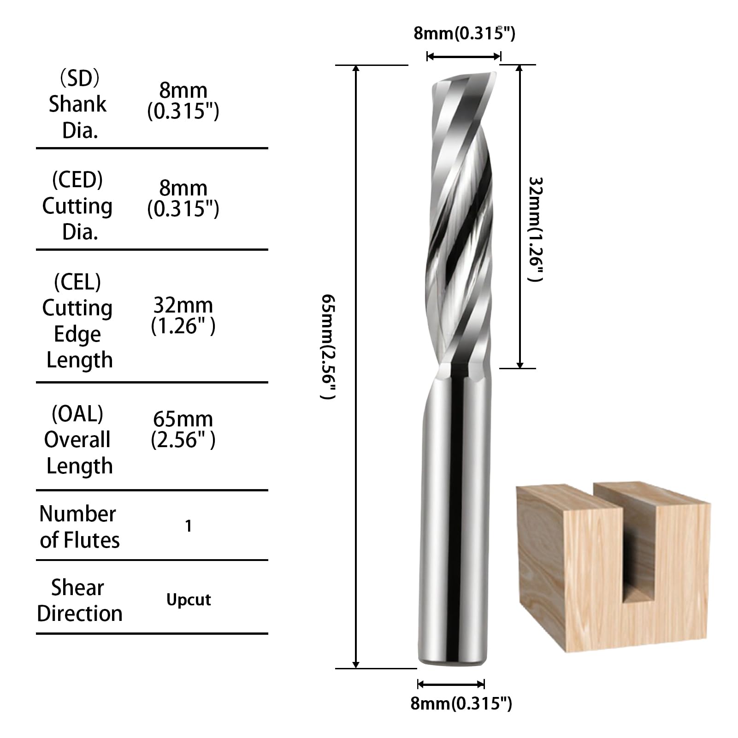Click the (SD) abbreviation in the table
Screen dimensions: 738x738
pyautogui.click(x=79, y=79)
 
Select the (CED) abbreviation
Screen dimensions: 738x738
pyautogui.click(x=77, y=179)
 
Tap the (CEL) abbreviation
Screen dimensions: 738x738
pyautogui.click(x=77, y=282)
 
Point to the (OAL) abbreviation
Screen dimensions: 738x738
pyautogui.click(x=77, y=413)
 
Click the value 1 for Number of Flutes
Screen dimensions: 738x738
pyautogui.click(x=188, y=526)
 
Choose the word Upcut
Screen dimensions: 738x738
pyautogui.click(x=189, y=600)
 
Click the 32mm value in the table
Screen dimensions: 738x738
pyautogui.click(x=183, y=305)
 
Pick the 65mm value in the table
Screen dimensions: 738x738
pyautogui.click(x=183, y=419)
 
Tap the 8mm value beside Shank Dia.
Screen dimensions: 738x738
pyautogui.click(x=183, y=90)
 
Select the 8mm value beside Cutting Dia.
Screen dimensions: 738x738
pyautogui.click(x=183, y=188)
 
